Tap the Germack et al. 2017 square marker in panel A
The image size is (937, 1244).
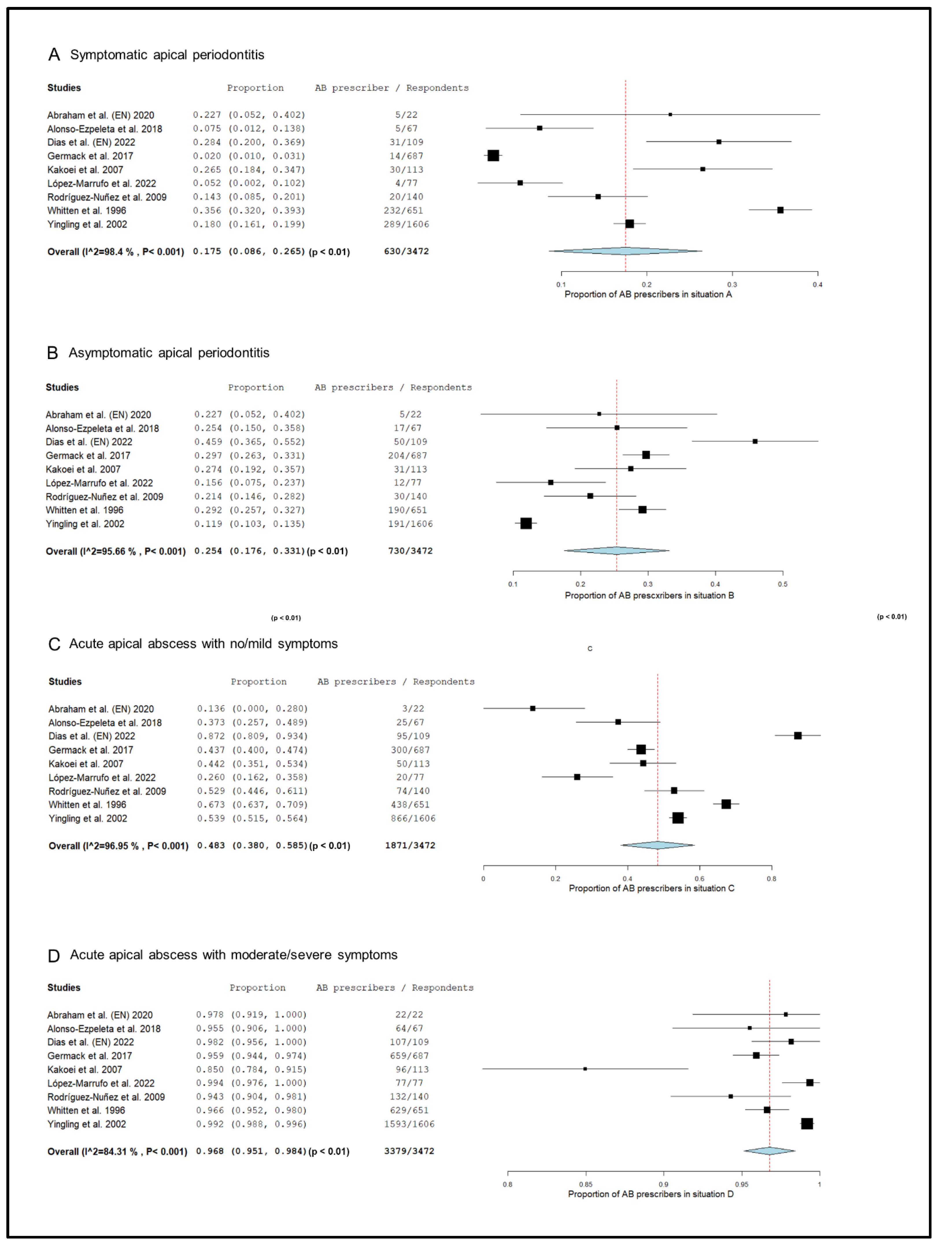(x=493, y=156)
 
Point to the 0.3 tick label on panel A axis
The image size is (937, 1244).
(x=732, y=285)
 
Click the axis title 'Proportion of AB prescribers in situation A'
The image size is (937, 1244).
(x=648, y=294)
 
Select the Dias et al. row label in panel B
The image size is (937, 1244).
(x=89, y=442)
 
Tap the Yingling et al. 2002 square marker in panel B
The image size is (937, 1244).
(x=526, y=523)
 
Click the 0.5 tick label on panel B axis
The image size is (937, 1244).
(x=782, y=584)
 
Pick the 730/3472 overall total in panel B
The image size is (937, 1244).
(x=410, y=551)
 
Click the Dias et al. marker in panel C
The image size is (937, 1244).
(x=798, y=736)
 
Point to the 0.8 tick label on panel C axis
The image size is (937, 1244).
(x=772, y=879)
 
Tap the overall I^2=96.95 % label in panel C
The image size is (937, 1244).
(x=118, y=846)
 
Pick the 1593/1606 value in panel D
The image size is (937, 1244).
(x=409, y=1124)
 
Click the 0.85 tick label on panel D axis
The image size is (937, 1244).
(x=585, y=1184)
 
